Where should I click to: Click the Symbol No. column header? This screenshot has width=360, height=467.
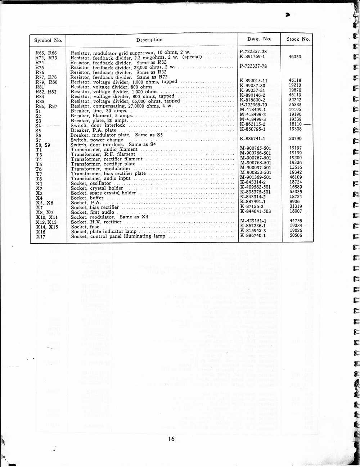tap(48, 40)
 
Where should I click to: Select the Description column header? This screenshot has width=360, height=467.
tap(149, 40)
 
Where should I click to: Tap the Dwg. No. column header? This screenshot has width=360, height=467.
tap(259, 39)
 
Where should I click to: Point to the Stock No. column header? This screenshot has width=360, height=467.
tap(298, 39)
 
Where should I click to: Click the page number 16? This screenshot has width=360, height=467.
tap(171, 439)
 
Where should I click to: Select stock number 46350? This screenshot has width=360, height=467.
tap(295, 56)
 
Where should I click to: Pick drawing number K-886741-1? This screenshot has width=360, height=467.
tap(253, 139)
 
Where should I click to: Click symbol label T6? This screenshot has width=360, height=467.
tap(39, 169)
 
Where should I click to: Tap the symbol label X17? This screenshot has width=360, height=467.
tap(41, 237)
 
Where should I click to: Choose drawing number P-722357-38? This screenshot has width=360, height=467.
tap(253, 51)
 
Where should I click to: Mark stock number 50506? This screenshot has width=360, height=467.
tap(296, 235)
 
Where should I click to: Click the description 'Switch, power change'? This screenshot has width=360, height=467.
tap(97, 140)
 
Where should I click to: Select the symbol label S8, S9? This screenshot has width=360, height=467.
tap(43, 145)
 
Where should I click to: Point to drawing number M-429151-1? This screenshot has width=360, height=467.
tap(253, 221)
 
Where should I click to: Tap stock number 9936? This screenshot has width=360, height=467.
tap(294, 201)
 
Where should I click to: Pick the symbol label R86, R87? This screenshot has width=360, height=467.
tap(46, 106)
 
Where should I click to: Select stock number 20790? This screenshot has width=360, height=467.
tap(295, 138)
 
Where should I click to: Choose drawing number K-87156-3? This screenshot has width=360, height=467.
tap(252, 207)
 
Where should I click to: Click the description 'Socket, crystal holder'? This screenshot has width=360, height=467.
tap(97, 188)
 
